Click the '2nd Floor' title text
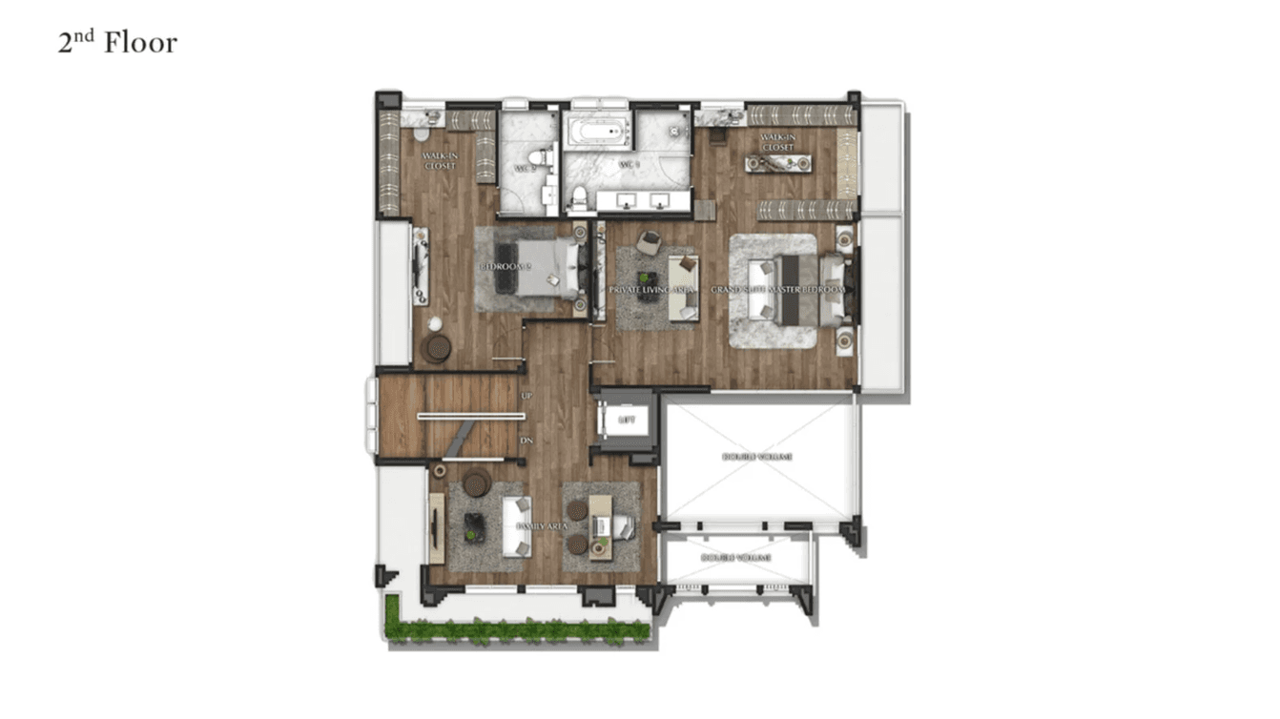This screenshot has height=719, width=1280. click(117, 43)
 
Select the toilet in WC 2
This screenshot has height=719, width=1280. click(544, 157)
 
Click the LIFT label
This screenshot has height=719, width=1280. click(626, 419)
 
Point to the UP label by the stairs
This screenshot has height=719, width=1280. click(526, 395)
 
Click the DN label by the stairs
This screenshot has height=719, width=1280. click(526, 441)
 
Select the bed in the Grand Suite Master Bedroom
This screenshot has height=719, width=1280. click(797, 288)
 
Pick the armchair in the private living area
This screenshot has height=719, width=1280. click(649, 242)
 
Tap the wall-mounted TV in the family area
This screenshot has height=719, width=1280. click(436, 526)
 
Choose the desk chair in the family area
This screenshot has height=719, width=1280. click(621, 525)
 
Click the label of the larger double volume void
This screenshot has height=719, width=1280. click(757, 457)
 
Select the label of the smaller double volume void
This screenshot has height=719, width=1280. click(735, 558)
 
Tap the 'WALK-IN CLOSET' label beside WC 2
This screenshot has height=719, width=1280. click(440, 161)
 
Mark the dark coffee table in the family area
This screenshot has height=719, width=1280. click(474, 526)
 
